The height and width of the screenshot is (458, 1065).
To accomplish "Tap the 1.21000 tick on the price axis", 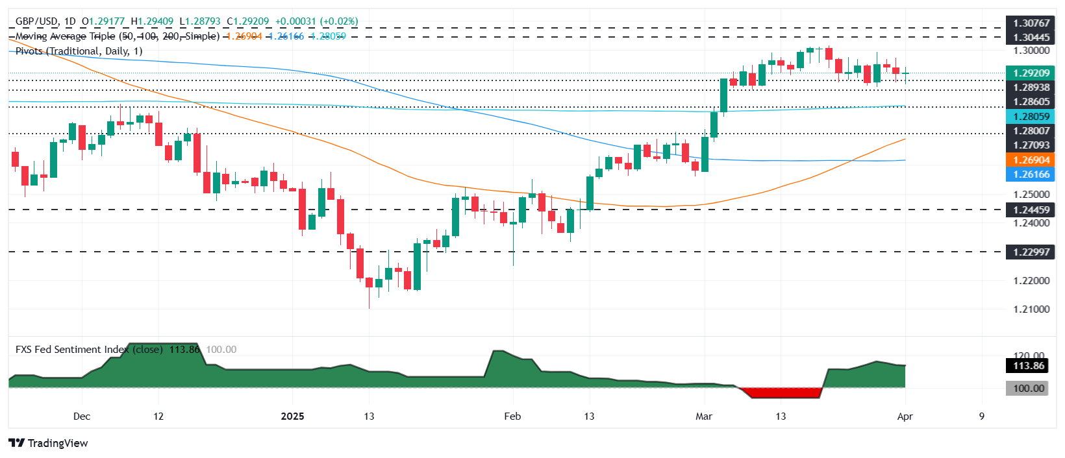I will (1031, 309).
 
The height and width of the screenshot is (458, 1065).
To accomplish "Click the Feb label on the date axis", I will (512, 416).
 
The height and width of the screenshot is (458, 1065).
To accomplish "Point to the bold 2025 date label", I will (292, 416).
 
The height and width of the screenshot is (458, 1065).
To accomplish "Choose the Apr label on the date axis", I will (905, 416).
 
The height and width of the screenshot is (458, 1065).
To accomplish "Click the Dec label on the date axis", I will (82, 416).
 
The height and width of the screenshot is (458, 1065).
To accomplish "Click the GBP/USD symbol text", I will (37, 21).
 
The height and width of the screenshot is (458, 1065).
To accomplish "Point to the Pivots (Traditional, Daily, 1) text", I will (79, 51).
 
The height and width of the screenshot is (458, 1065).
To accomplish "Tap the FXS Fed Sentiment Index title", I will (71, 349).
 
